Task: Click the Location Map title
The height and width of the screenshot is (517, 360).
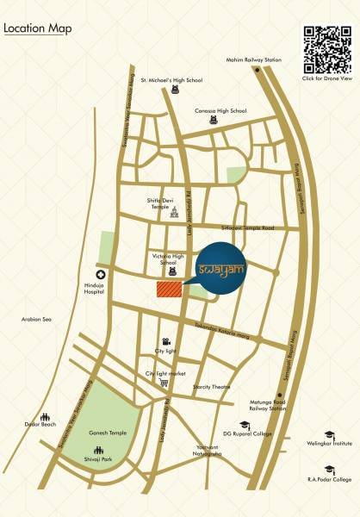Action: [38, 28]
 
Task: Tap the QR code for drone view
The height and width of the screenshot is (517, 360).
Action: [327, 50]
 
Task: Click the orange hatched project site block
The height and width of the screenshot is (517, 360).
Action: [170, 290]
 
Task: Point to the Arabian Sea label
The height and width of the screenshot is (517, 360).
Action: [36, 320]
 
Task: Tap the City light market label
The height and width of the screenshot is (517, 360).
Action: [165, 373]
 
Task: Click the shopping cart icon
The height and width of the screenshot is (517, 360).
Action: [163, 383]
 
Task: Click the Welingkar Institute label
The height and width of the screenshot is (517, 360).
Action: [331, 445]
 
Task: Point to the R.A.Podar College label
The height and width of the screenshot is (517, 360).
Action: [330, 479]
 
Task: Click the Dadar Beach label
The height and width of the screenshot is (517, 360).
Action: [40, 424]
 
